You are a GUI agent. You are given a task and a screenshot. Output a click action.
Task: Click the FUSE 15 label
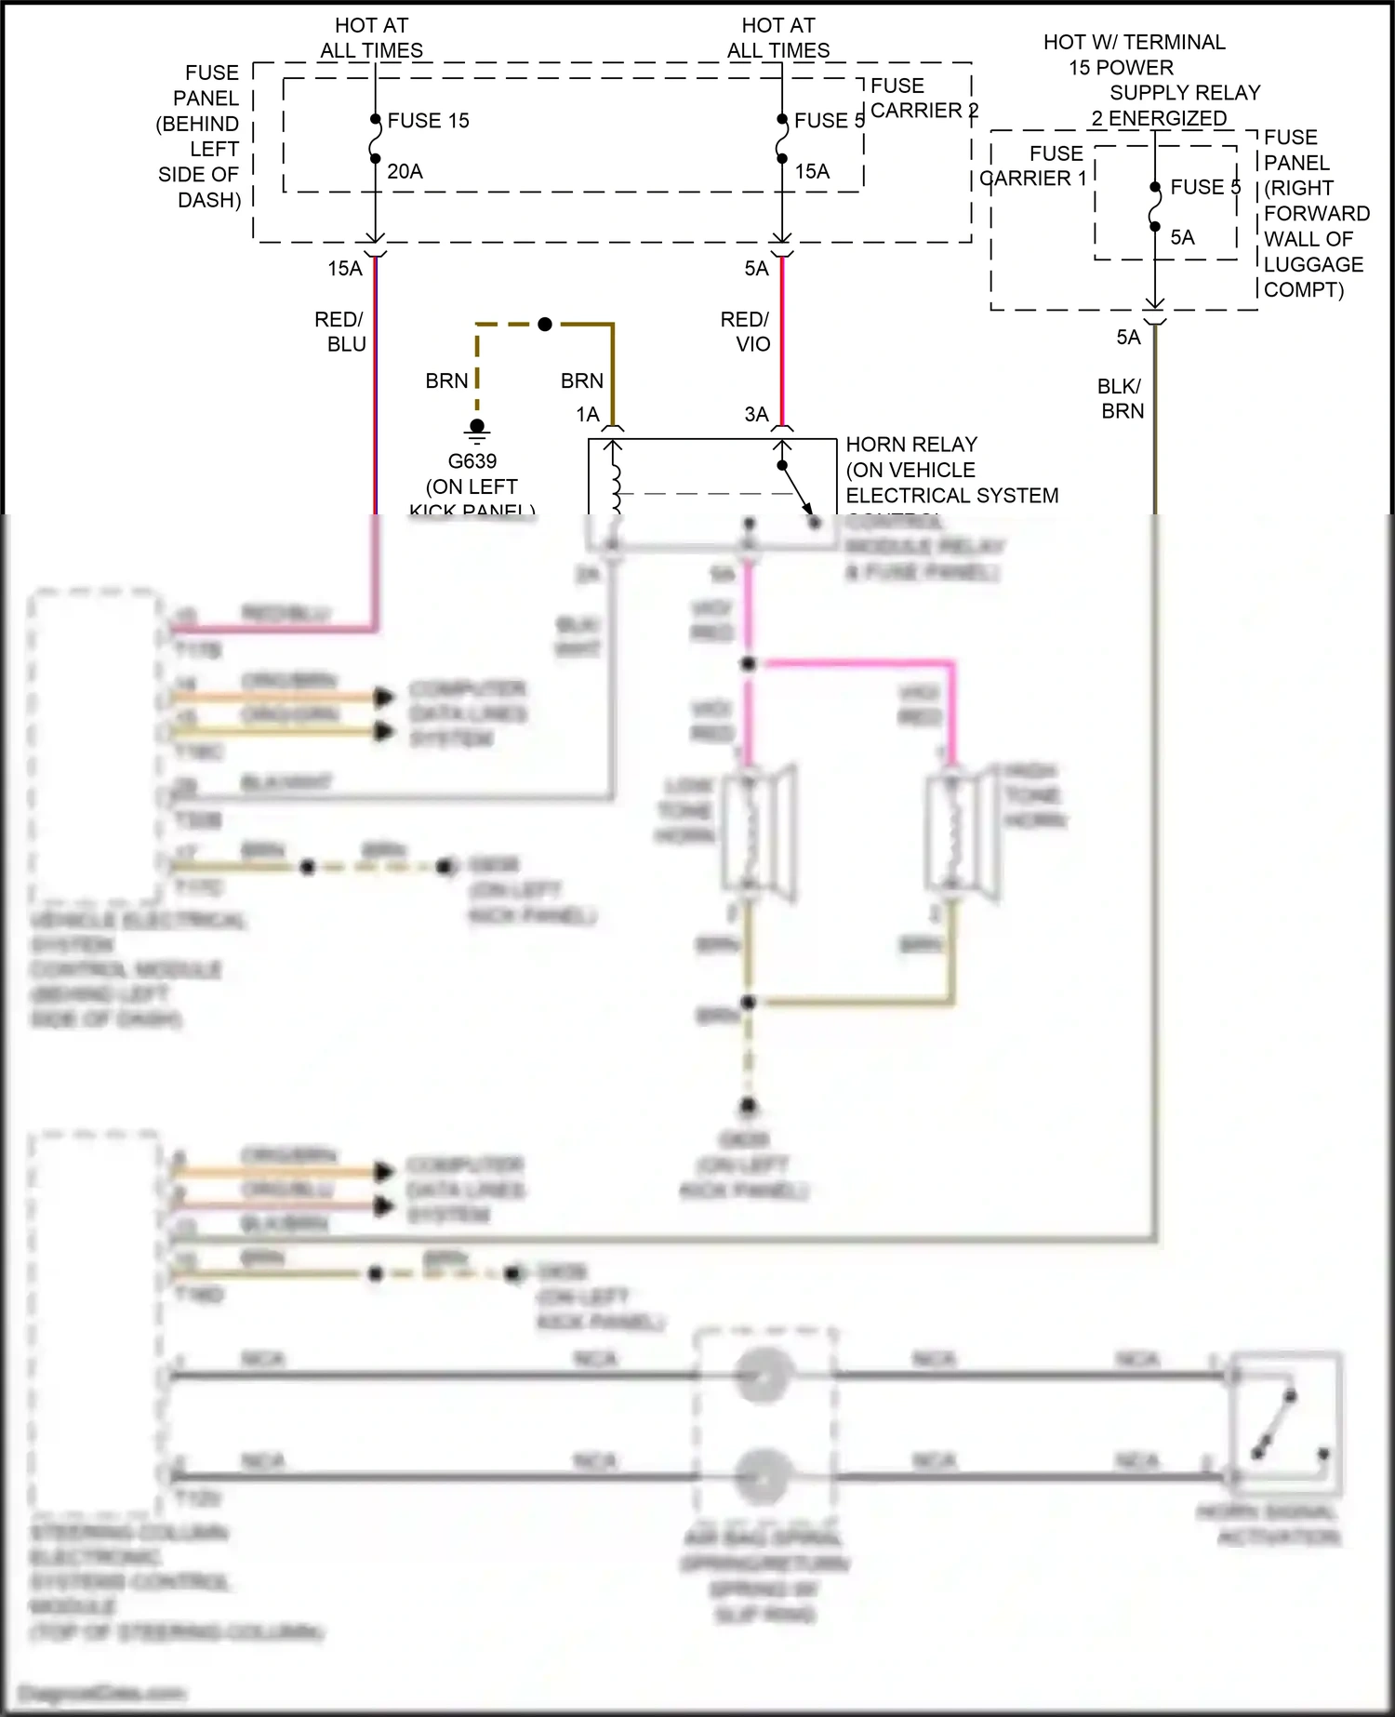428,121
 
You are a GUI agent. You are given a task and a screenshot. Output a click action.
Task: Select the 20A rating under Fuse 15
405,171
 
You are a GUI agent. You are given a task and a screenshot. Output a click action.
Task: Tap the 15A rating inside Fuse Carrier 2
812,171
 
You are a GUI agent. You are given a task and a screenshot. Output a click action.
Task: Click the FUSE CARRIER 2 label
923,98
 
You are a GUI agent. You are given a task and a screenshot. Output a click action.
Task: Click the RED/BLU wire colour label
339,332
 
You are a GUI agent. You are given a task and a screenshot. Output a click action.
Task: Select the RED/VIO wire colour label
746,332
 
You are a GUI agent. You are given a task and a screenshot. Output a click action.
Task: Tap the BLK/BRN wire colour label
1121,398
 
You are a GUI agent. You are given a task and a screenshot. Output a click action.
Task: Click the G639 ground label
472,461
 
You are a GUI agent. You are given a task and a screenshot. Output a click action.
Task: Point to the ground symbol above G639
477,429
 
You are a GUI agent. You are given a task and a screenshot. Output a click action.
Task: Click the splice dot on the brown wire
545,324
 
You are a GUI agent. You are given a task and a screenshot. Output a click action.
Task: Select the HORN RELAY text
911,445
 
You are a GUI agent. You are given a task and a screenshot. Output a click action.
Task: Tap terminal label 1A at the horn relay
588,415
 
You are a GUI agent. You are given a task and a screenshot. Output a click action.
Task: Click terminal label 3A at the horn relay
756,415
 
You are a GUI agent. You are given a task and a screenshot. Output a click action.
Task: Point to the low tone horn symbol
758,832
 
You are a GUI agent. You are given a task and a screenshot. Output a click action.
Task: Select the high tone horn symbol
963,832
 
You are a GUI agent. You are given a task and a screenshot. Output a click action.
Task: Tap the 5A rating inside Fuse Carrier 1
1182,238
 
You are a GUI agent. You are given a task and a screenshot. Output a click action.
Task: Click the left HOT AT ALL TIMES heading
371,38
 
